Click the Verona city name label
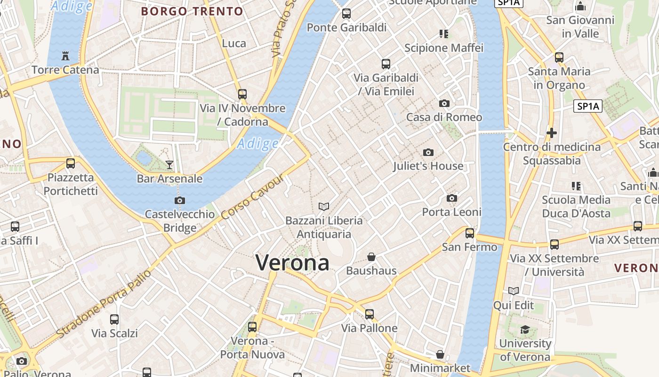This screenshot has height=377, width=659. tap(292, 262)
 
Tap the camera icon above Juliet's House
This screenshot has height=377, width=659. tap(428, 152)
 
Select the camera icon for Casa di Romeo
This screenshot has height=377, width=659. tap(444, 104)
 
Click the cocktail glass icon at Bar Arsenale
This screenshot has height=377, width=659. tap(169, 164)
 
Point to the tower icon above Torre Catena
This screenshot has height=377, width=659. tap(65, 56)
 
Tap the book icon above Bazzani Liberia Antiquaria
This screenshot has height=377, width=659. tap(324, 206)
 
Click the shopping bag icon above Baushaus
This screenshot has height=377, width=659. tap(371, 257)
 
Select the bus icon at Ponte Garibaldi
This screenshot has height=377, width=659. tap(346, 14)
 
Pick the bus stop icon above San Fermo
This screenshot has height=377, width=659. tap(469, 233)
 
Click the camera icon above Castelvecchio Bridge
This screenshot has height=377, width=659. tap(179, 201)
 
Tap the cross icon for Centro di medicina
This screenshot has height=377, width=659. tap(552, 133)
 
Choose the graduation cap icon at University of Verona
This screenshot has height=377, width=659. tap(525, 329)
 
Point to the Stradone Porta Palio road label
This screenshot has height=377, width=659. tap(104, 303)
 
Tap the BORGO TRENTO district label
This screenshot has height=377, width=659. tap(192, 11)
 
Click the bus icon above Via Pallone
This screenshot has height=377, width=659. tap(370, 314)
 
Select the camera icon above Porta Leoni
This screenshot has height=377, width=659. tap(452, 198)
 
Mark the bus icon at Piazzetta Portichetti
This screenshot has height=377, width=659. tap(71, 164)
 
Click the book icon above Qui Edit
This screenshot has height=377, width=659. tap(514, 291)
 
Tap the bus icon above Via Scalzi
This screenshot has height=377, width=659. tap(114, 320)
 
